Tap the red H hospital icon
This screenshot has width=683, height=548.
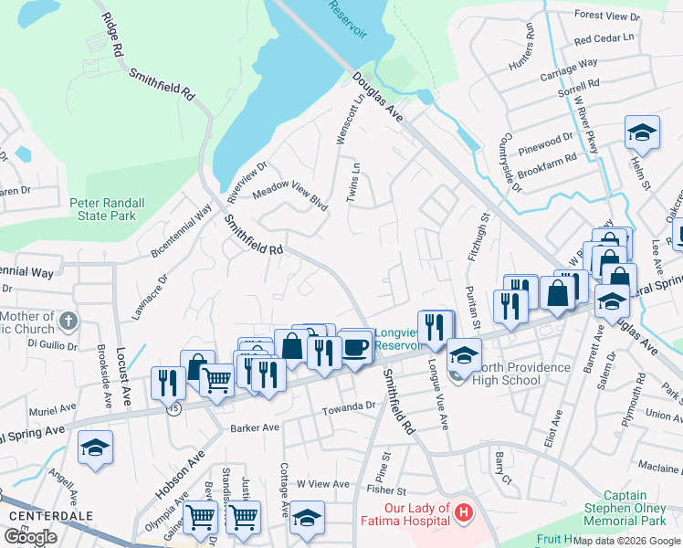click(465, 513)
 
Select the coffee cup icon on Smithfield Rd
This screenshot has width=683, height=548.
click(356, 347)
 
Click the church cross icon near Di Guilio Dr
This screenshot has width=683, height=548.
click(71, 321)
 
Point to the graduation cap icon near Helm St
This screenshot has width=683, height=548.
click(642, 132)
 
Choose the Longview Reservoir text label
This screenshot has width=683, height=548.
click(398, 339)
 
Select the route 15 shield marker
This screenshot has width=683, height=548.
click(173, 409)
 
